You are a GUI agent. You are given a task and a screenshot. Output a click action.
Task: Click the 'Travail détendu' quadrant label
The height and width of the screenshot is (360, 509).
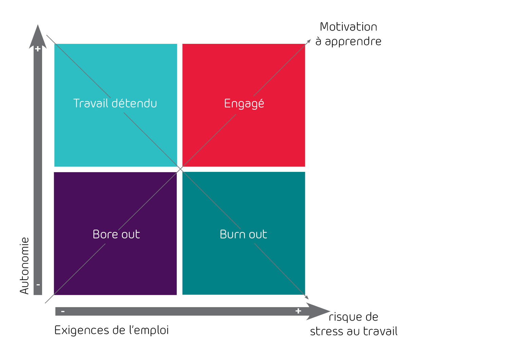click(x=115, y=103)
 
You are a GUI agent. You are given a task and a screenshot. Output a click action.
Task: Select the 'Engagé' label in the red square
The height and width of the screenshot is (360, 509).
click(x=244, y=104)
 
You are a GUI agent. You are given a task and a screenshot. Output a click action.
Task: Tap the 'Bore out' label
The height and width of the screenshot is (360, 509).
click(x=116, y=234)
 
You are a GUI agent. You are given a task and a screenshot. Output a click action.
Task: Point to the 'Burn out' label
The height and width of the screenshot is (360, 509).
click(x=243, y=234)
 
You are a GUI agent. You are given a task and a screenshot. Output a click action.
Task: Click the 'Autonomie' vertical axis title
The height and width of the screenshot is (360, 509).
click(x=24, y=266)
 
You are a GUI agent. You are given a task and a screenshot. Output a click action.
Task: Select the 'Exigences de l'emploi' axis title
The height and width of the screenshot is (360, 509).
click(x=112, y=330)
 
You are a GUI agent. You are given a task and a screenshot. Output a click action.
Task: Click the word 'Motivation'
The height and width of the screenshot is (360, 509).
click(x=348, y=27)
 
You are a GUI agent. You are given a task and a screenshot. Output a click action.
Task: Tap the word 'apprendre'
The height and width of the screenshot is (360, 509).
click(x=353, y=42)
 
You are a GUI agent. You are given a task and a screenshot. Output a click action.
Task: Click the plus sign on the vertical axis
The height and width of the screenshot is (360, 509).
click(x=38, y=49)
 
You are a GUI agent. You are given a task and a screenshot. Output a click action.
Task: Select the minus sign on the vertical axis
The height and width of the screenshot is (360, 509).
click(x=38, y=285)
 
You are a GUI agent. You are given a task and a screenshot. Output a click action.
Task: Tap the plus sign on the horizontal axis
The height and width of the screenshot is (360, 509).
click(x=298, y=311)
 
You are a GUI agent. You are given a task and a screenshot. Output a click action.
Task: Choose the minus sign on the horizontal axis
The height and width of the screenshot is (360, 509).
click(x=63, y=311)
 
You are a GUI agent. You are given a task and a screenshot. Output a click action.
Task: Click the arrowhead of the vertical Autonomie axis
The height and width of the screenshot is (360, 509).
click(x=38, y=36)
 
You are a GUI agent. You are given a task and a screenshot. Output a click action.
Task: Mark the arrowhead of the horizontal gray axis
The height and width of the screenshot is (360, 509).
click(x=318, y=311)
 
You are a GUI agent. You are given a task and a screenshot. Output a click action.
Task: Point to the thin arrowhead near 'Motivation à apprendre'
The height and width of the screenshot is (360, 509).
click(x=309, y=41)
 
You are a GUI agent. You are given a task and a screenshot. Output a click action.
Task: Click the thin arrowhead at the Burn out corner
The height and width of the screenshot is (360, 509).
click(x=306, y=297)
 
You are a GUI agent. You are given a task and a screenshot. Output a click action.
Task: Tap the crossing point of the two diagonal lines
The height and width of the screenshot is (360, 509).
click(x=180, y=169)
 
